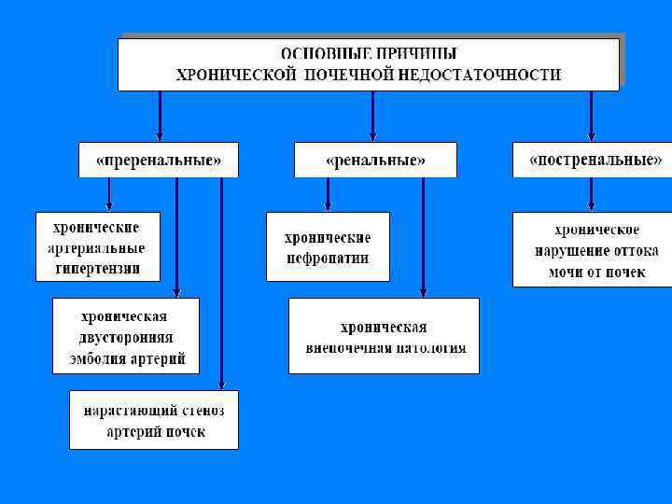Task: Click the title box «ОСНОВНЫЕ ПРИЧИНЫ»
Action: (369, 63)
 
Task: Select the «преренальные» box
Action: (159, 160)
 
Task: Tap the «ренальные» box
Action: (375, 160)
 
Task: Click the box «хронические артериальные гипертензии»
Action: (96, 246)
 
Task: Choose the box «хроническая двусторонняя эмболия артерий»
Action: (126, 336)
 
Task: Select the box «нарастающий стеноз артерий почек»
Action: (154, 420)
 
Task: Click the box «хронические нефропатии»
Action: (327, 246)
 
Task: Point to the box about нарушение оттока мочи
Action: (590, 250)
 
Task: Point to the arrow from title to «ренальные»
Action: (372, 116)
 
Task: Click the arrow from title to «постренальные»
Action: (591, 116)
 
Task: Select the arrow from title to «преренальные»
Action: (160, 116)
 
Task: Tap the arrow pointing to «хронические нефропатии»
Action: (327, 194)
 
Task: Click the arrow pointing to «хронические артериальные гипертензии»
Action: (110, 194)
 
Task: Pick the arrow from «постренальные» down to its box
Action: (591, 194)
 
